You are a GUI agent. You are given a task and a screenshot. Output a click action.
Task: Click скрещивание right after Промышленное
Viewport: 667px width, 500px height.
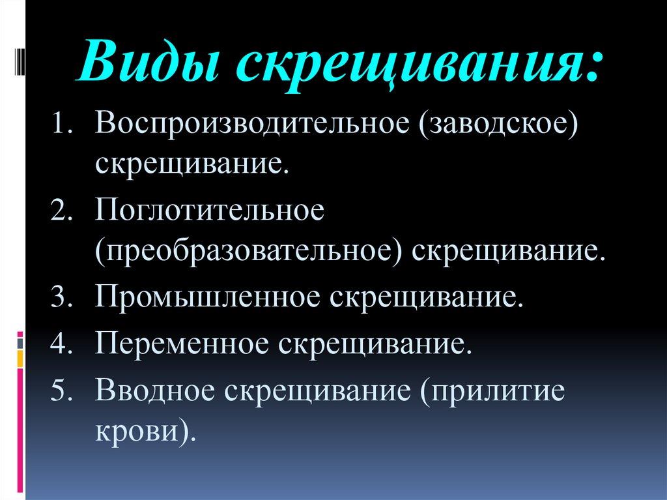click(425, 299)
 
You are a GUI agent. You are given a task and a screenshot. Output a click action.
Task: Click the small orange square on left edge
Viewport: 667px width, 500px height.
click(20, 358)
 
